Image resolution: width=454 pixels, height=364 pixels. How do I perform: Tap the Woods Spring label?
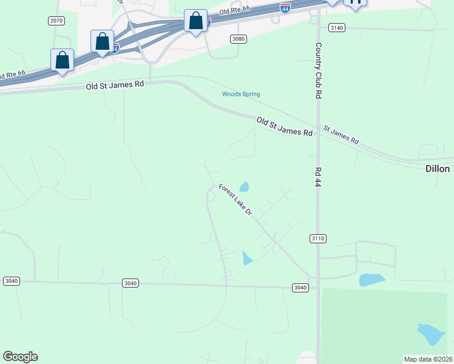click(x=240, y=94)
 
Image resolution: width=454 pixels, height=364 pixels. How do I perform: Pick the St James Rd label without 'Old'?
click(x=341, y=134)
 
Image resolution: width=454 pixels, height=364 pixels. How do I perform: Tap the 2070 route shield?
click(x=56, y=21)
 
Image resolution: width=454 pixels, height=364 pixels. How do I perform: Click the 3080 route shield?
click(x=239, y=39)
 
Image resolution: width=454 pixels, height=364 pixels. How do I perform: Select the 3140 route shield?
click(x=336, y=28)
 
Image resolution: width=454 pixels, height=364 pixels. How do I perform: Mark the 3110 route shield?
click(x=317, y=238)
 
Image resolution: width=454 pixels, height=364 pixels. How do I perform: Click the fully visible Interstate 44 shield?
click(x=285, y=7)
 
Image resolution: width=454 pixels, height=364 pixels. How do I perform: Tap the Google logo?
click(x=20, y=357)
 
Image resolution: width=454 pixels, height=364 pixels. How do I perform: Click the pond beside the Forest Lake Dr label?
click(x=244, y=187)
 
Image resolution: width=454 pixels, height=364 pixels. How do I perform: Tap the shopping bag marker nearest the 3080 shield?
click(x=195, y=21)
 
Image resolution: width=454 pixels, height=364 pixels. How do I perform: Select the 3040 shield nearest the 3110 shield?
click(x=299, y=288)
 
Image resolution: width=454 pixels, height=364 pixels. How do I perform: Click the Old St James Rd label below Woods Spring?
click(x=284, y=127)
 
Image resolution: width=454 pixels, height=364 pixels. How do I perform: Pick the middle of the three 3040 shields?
click(x=130, y=283)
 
